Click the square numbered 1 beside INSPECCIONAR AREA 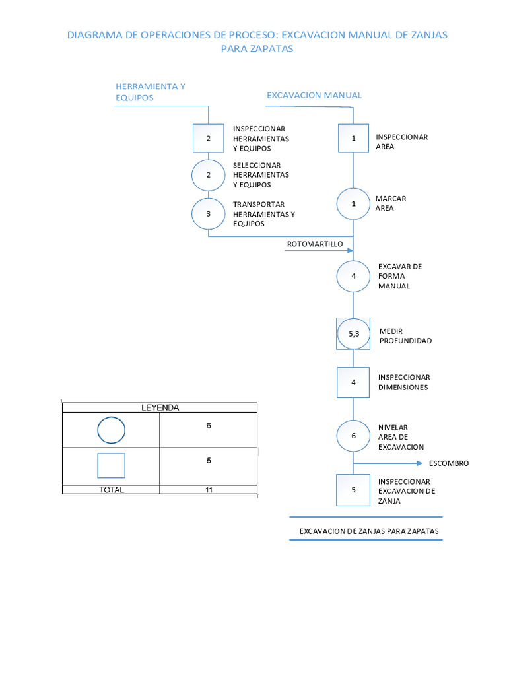click(x=353, y=139)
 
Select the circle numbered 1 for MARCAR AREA click(x=353, y=204)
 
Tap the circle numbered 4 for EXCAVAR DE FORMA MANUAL click(x=353, y=277)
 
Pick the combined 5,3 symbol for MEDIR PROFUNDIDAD click(x=353, y=335)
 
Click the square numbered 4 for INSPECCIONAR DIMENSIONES click(x=353, y=382)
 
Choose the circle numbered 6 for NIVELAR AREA click(x=353, y=436)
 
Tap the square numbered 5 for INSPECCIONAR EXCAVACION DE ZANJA click(x=353, y=490)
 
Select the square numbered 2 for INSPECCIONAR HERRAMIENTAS click(x=208, y=139)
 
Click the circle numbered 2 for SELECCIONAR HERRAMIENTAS click(x=208, y=175)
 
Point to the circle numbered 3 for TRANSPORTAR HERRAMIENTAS click(x=208, y=214)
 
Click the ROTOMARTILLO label click(x=315, y=244)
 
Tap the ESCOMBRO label click(x=449, y=463)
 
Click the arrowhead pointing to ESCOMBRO click(x=420, y=463)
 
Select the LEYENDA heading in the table click(x=160, y=408)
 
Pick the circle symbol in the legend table click(x=111, y=430)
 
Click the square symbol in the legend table click(x=111, y=465)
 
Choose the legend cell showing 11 click(x=209, y=490)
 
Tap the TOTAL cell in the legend click(x=111, y=490)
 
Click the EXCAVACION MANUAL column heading click(x=314, y=95)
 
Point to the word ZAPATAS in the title click(x=271, y=49)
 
